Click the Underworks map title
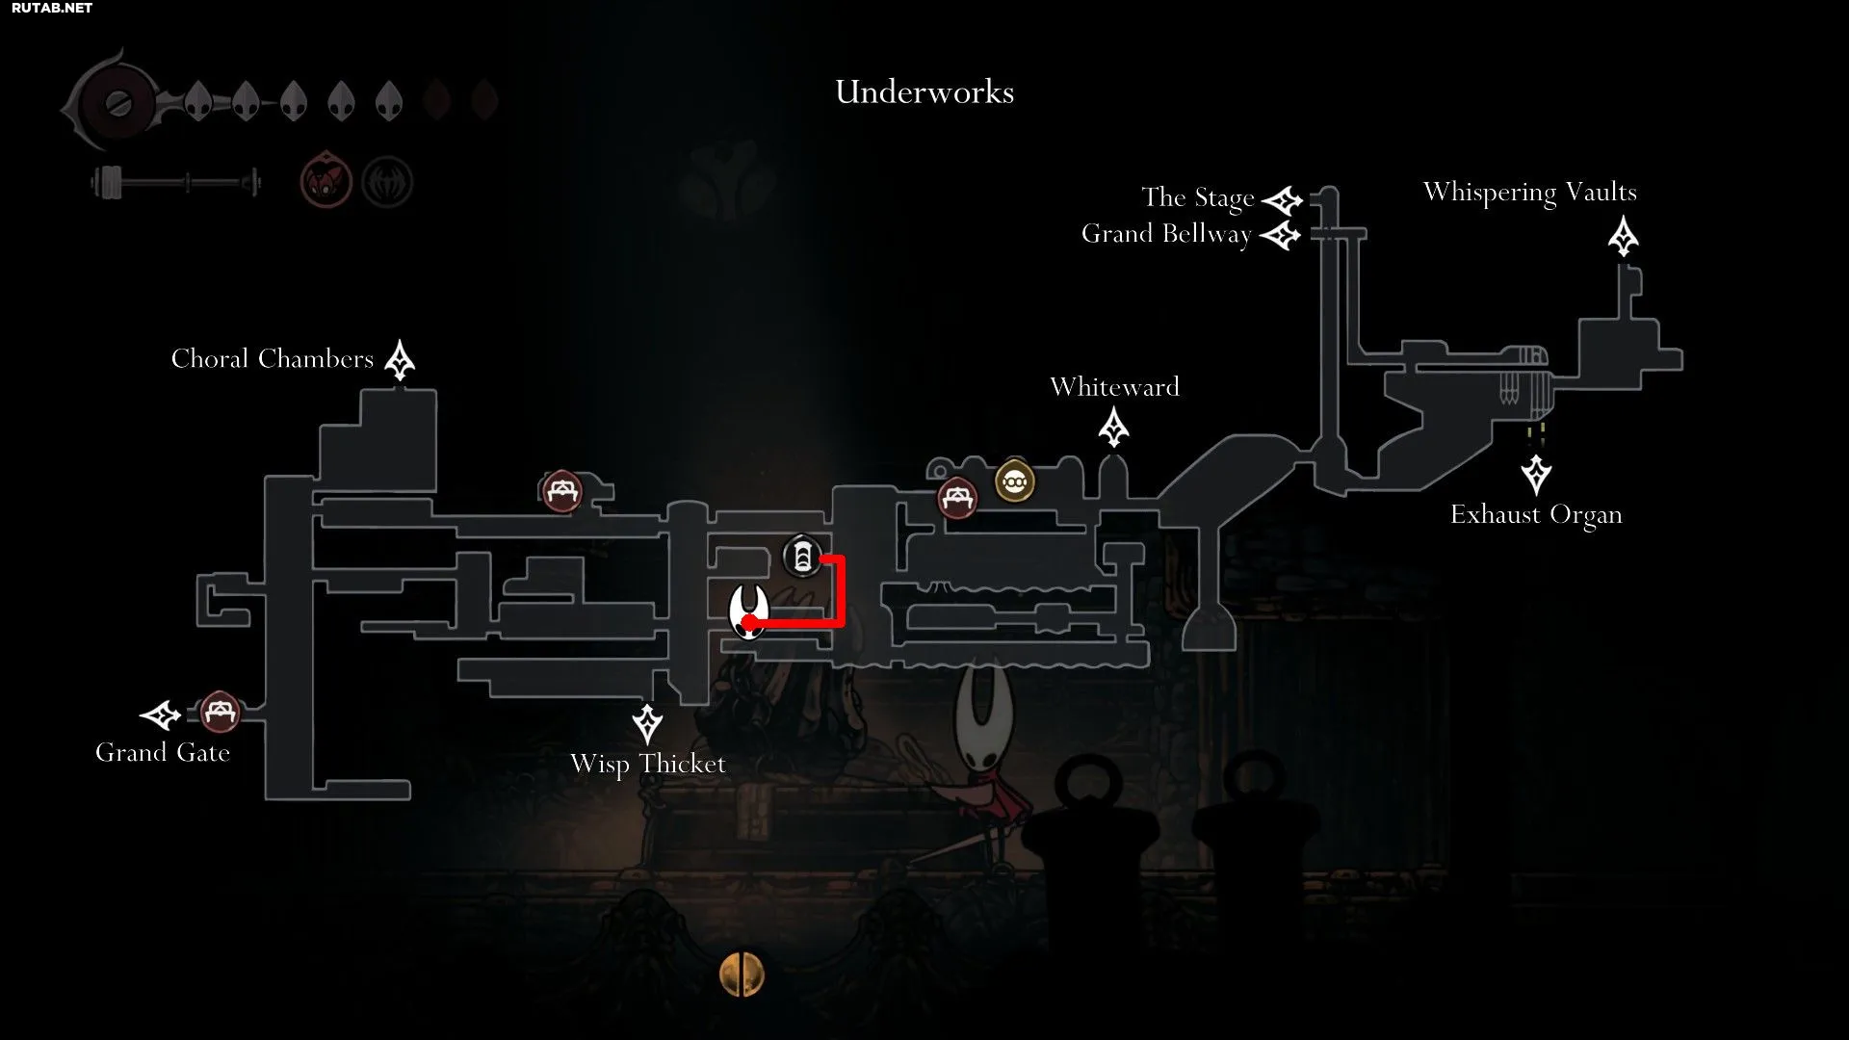tap(924, 92)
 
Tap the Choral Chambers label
tap(273, 359)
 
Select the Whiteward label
tap(1114, 387)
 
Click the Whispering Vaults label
tap(1530, 193)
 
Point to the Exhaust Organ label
tap(1536, 515)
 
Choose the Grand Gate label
tap(163, 753)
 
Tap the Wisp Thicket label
tap(648, 765)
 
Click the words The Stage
tap(1198, 198)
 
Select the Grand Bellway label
tap(1166, 235)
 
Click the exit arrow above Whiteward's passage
tap(1114, 427)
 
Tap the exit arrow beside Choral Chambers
tap(400, 360)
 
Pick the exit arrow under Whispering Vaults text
tap(1624, 237)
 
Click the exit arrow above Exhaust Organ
tap(1536, 475)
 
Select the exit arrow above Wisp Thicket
tap(647, 724)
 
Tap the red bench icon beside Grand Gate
tap(220, 713)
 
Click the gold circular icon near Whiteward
tap(1014, 481)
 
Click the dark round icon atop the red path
tap(802, 557)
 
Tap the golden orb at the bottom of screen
tap(742, 975)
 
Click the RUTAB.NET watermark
tap(52, 8)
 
